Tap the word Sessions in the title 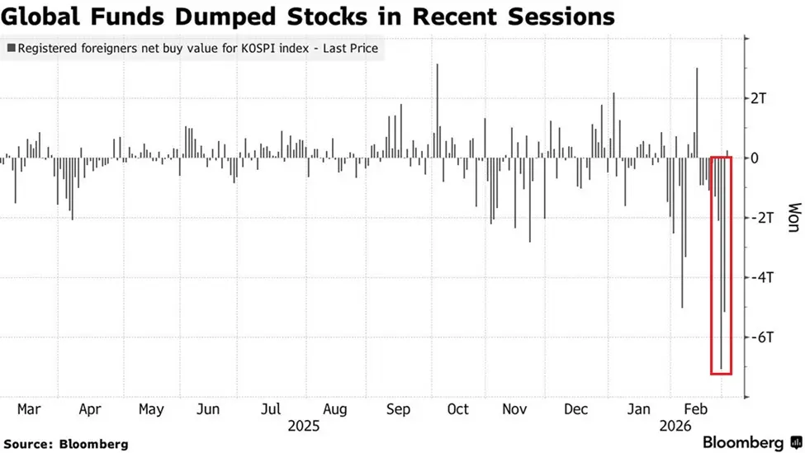[x=561, y=16]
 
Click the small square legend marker [x=10, y=49]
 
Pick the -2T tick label [x=760, y=218]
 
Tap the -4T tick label [x=760, y=277]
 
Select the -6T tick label [x=760, y=337]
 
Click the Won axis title [x=792, y=218]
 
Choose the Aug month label [x=334, y=409]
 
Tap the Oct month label [x=457, y=409]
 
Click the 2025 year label [x=303, y=427]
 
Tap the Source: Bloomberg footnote [x=65, y=444]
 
